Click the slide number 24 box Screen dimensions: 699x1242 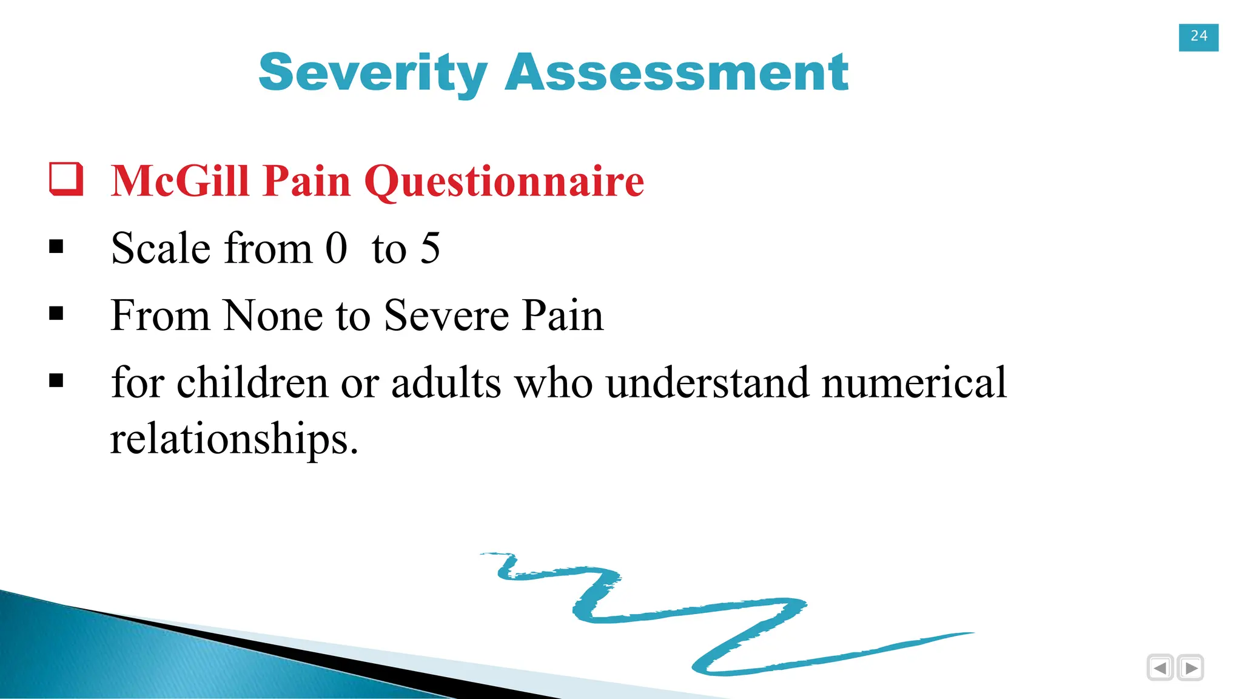1198,37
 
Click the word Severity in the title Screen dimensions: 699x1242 372,73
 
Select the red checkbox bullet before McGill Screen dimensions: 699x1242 65,179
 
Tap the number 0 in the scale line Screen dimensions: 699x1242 336,248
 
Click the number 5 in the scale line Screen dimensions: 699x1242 430,248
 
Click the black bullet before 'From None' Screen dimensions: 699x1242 56,314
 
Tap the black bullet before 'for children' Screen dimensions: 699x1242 56,381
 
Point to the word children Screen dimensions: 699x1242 252,383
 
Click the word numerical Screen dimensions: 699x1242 914,383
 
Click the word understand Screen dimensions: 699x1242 707,383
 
